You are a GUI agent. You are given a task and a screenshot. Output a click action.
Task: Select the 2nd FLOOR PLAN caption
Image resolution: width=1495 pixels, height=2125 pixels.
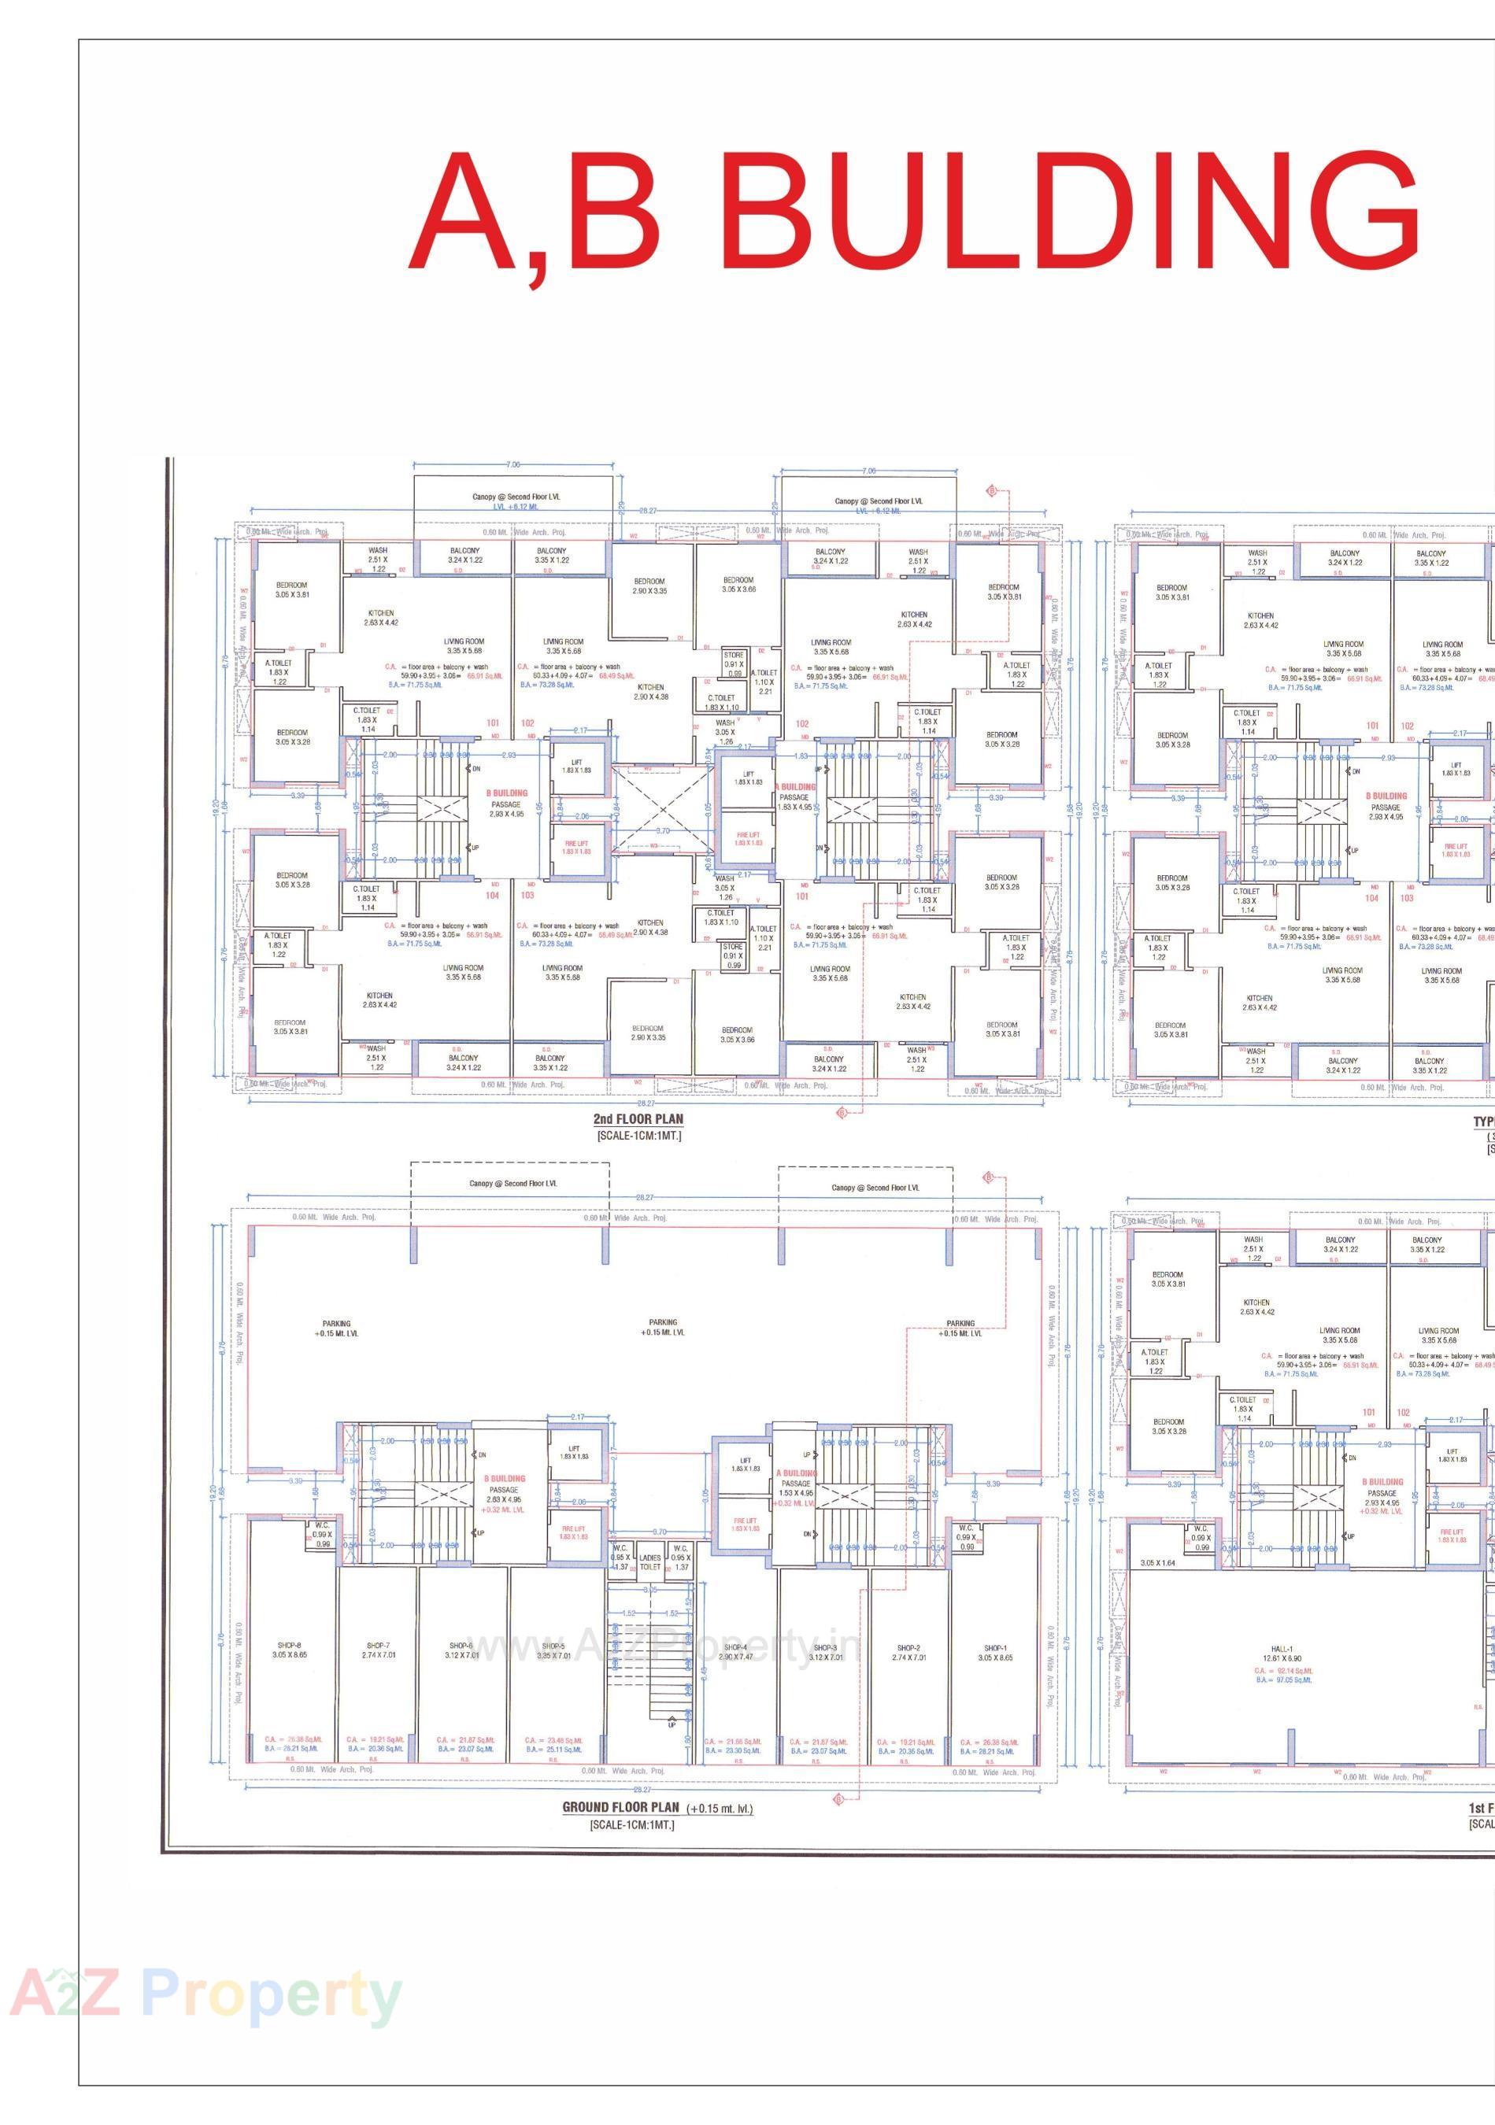click(638, 1119)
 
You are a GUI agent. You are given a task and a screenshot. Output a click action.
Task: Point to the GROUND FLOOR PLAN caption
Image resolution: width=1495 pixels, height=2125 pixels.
click(620, 1806)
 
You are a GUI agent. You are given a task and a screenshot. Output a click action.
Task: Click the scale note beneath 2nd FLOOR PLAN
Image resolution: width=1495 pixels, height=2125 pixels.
click(638, 1136)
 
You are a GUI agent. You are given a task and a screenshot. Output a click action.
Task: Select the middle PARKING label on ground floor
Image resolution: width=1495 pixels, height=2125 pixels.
click(663, 1322)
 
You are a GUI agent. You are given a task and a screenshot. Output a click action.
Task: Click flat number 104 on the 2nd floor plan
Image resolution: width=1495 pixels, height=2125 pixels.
click(493, 895)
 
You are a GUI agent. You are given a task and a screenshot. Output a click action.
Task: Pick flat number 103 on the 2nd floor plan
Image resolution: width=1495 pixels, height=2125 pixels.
click(527, 895)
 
